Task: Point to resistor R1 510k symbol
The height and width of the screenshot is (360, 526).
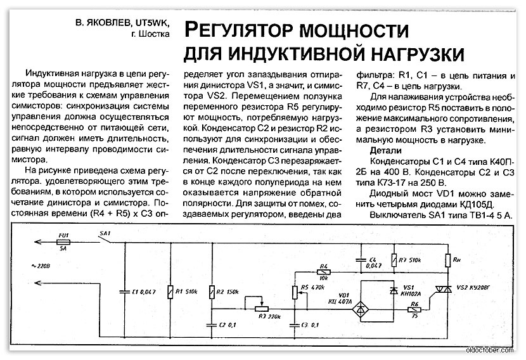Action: click(170, 291)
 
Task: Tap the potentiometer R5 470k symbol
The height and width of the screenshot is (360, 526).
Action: click(293, 291)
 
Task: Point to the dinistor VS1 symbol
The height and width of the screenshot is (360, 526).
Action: click(395, 290)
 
